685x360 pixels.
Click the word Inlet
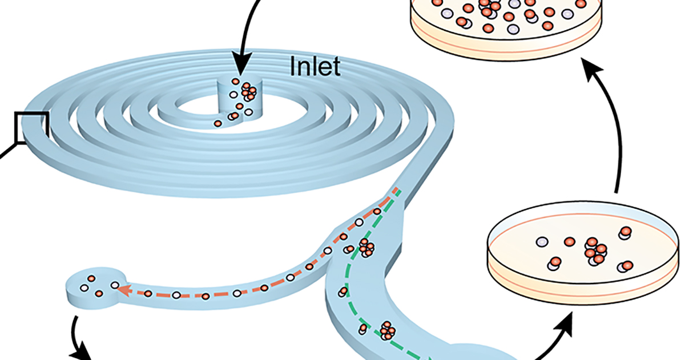pyautogui.click(x=315, y=67)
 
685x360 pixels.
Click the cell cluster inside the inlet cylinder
pyautogui.click(x=249, y=90)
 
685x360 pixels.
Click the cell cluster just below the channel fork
pyautogui.click(x=365, y=248)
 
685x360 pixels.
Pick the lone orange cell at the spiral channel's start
pyautogui.click(x=217, y=123)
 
